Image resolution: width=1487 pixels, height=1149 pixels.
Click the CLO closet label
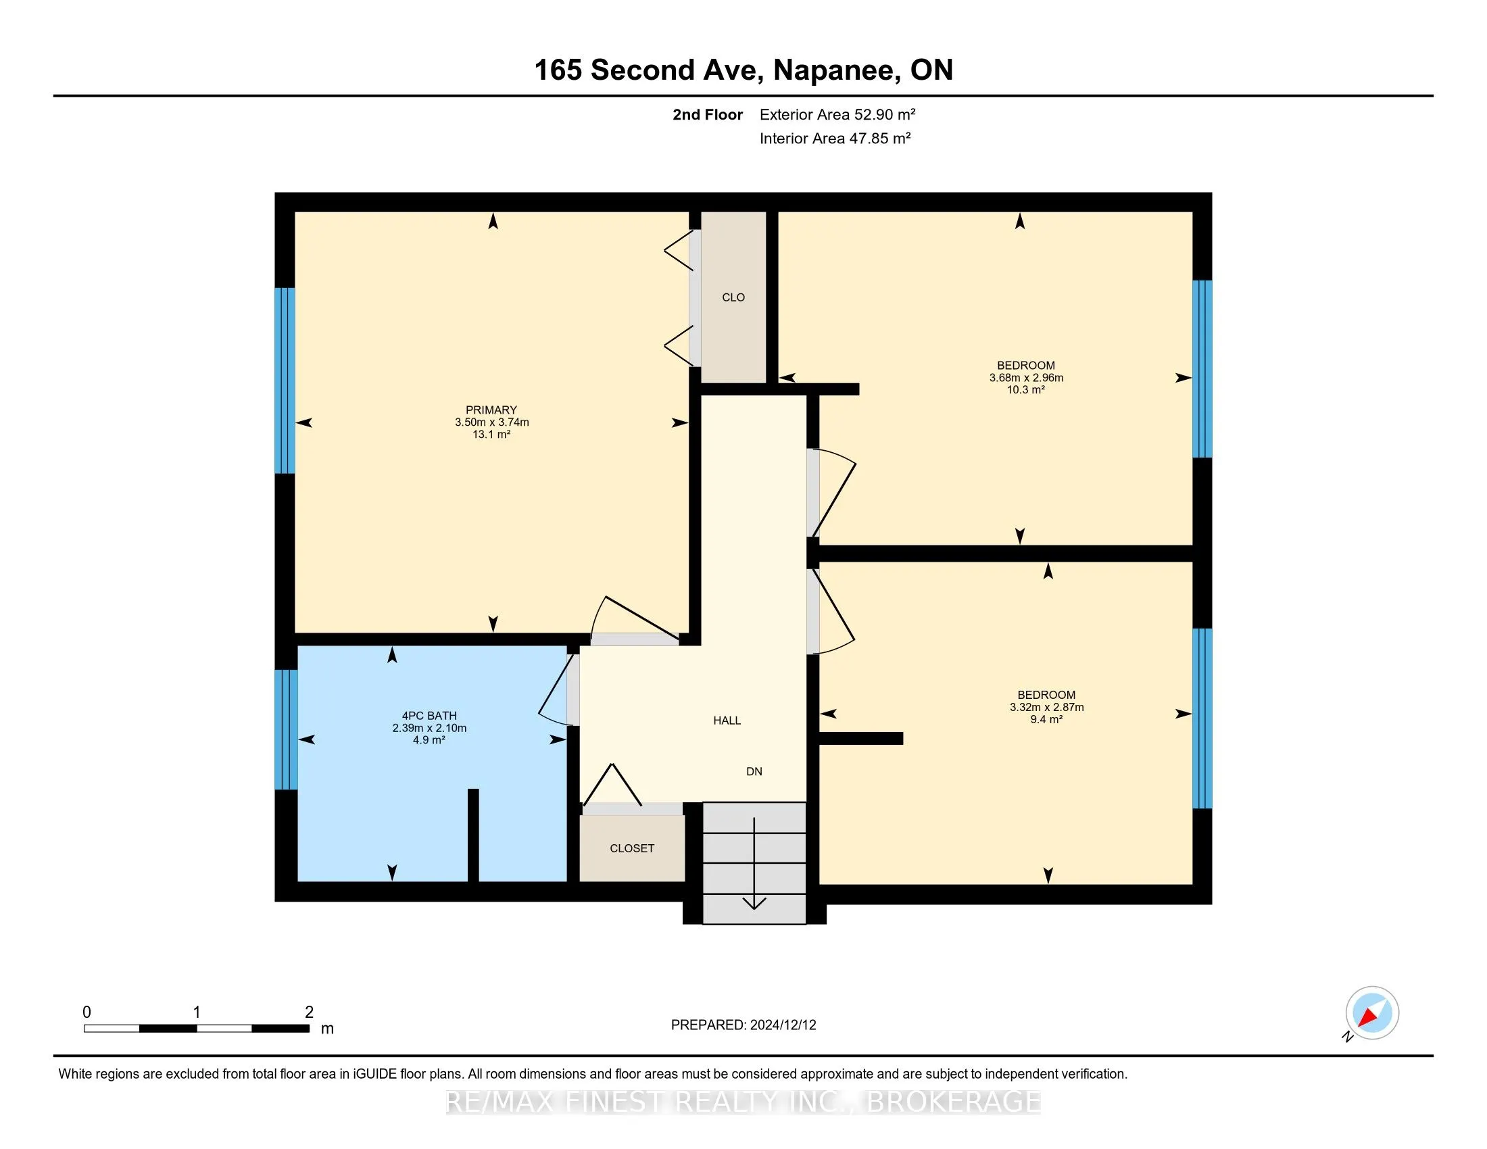tap(733, 297)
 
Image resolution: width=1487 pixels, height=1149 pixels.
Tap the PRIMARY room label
tap(491, 410)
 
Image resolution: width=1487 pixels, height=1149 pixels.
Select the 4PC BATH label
tap(429, 715)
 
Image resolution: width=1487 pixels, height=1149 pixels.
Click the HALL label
tap(727, 720)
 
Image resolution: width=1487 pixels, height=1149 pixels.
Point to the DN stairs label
tap(754, 771)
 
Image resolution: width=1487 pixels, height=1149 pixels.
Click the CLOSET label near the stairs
tap(632, 848)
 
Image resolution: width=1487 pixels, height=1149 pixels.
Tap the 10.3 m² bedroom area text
tap(1025, 390)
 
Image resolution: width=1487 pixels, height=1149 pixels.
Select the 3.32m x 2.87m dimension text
tap(1046, 707)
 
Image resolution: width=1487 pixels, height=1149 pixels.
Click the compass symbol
tap(1371, 1014)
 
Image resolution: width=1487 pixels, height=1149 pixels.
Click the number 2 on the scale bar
tap(309, 1012)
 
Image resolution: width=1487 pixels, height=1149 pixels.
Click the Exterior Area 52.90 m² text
tap(837, 114)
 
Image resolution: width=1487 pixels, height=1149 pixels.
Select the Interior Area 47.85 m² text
tap(835, 138)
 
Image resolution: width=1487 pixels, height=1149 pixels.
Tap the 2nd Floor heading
tap(708, 114)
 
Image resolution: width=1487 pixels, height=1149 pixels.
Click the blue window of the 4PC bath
tap(286, 730)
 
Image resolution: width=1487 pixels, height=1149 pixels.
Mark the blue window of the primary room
tap(285, 381)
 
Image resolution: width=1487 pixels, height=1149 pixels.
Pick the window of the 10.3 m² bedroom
tap(1202, 368)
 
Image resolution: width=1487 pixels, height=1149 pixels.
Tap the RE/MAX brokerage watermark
tap(743, 1102)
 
